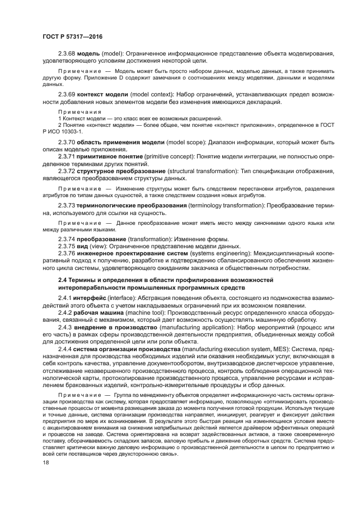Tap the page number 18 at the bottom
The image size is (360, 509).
point(46,462)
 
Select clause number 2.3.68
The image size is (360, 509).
point(67,54)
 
